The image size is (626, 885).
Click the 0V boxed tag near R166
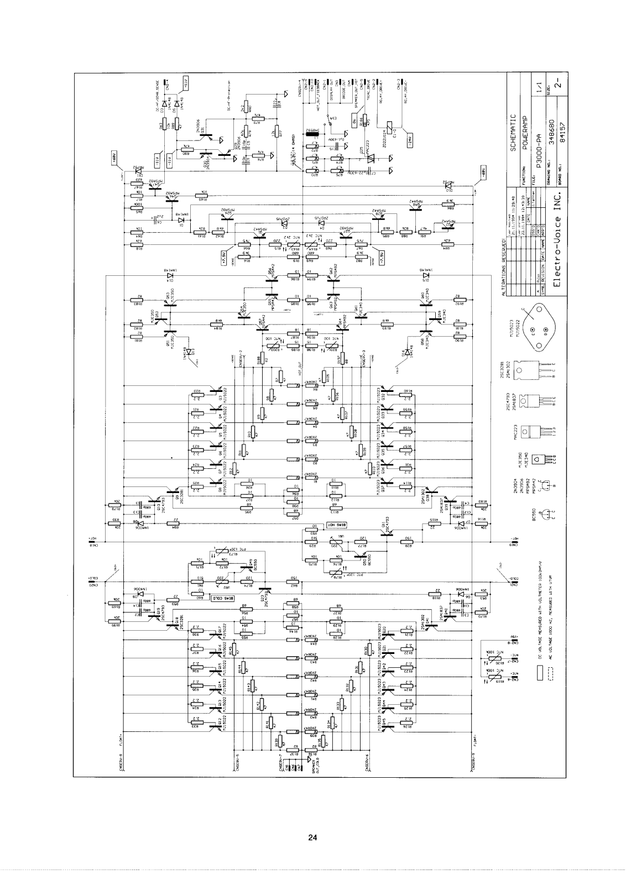click(354, 119)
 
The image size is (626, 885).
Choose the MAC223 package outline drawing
click(535, 431)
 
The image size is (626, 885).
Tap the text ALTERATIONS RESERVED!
click(504, 268)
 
